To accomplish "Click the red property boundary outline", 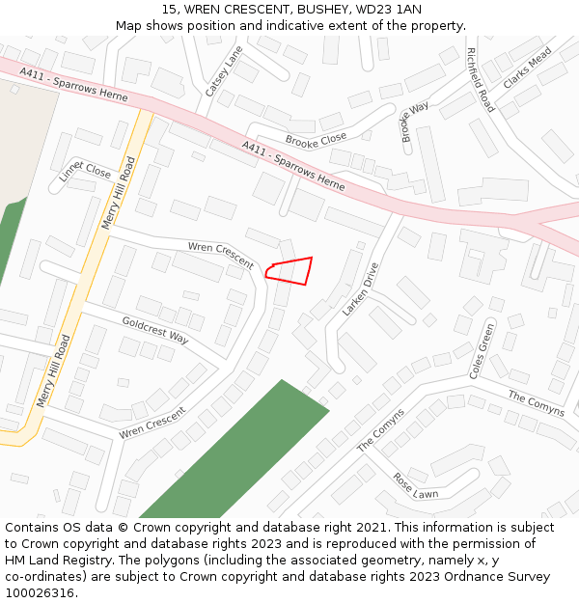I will (290, 270).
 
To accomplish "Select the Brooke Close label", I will (316, 140).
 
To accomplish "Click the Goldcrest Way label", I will (155, 329).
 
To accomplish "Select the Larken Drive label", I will (361, 289).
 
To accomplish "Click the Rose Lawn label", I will (415, 485).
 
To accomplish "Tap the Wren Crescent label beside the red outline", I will (221, 256).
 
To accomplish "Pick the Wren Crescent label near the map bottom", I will (152, 424).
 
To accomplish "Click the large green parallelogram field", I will (236, 449).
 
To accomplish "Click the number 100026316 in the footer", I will (41, 593).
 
